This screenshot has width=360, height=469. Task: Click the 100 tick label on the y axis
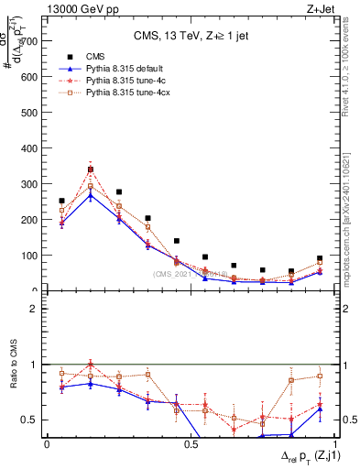[30, 256]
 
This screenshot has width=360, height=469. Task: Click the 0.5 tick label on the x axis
[191, 444]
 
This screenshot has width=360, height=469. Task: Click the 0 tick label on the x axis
[47, 444]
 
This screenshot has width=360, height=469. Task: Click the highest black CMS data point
[91, 169]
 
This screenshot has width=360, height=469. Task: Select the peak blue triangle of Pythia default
[91, 195]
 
